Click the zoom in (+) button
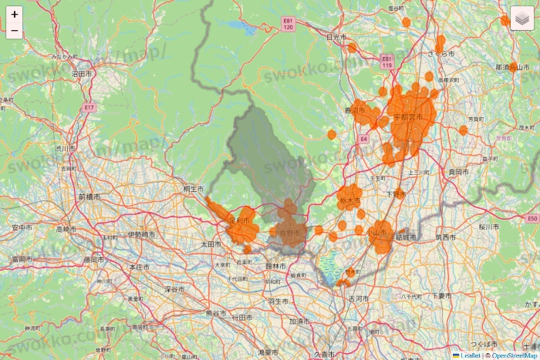(15, 15)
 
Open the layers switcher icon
(522, 18)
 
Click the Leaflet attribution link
(470, 355)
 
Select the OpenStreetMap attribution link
(515, 355)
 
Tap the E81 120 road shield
(288, 24)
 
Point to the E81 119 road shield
(386, 61)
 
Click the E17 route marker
(89, 107)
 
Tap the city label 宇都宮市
(408, 117)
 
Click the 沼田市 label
(83, 73)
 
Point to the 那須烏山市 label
(513, 68)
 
